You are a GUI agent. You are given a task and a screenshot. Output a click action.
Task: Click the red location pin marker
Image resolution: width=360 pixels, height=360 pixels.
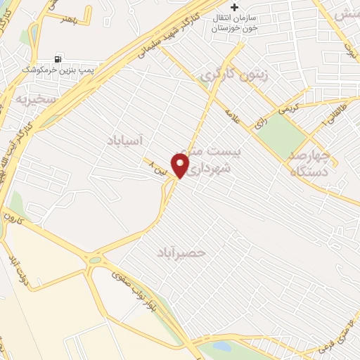[x=181, y=166]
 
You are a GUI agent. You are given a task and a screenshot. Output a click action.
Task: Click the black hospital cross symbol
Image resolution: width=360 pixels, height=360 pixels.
[x=234, y=8]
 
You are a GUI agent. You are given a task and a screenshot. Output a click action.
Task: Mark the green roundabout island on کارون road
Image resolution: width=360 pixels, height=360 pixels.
[x=94, y=259]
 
